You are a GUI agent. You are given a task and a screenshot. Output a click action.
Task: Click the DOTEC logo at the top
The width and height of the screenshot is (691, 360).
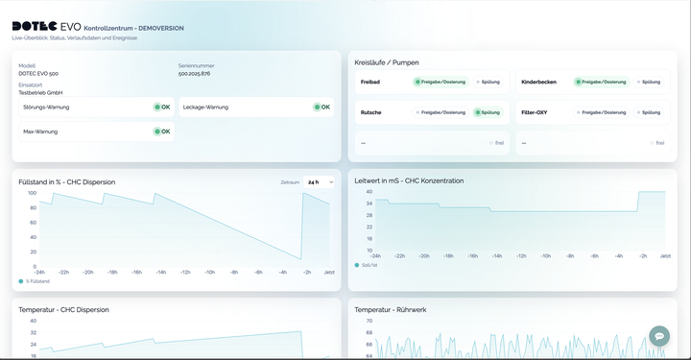point(35,27)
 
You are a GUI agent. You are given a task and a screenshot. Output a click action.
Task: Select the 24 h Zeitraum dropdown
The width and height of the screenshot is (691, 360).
point(319,181)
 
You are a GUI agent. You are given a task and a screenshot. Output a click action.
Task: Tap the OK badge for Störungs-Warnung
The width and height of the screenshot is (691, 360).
point(162,107)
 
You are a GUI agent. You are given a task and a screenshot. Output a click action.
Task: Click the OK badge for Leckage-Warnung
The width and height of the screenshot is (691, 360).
point(322,107)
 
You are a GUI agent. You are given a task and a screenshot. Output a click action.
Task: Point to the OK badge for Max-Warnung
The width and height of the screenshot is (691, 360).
point(162,132)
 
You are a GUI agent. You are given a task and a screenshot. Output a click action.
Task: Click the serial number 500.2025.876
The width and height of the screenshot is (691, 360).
point(194,74)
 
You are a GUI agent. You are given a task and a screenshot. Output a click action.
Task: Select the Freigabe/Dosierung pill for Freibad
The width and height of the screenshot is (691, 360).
point(441,83)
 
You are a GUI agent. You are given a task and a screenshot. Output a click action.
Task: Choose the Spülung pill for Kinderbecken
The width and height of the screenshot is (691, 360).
point(648,83)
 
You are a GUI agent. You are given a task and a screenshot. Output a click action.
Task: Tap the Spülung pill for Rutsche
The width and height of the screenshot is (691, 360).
point(488,112)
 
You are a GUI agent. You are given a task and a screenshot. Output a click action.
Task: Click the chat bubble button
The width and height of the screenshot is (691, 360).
point(658,335)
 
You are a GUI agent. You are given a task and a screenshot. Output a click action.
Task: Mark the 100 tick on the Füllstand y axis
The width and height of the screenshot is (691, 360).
point(32,193)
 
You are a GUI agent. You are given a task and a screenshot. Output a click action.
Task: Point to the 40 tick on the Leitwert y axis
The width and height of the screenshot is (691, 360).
point(369,191)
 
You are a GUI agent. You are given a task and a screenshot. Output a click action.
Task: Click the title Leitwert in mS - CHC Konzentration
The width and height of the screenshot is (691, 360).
point(409,180)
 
